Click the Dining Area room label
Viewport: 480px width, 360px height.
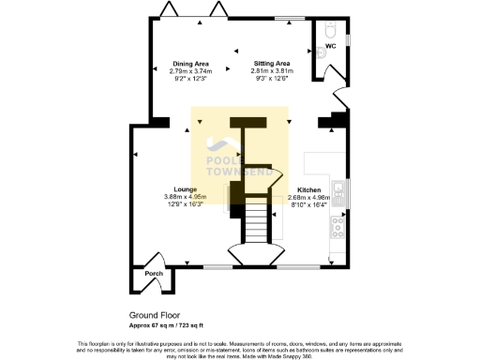(x=191, y=64)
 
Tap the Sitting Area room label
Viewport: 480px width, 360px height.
(x=271, y=64)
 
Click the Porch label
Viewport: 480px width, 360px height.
(x=154, y=274)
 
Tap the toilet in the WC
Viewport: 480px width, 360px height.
(x=329, y=31)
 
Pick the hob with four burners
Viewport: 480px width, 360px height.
(x=341, y=224)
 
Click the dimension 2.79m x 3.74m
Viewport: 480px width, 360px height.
(x=191, y=71)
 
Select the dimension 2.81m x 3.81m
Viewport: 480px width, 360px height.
(x=271, y=71)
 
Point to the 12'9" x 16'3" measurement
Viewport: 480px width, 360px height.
(x=183, y=203)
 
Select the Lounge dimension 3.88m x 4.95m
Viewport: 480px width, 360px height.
(x=183, y=196)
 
